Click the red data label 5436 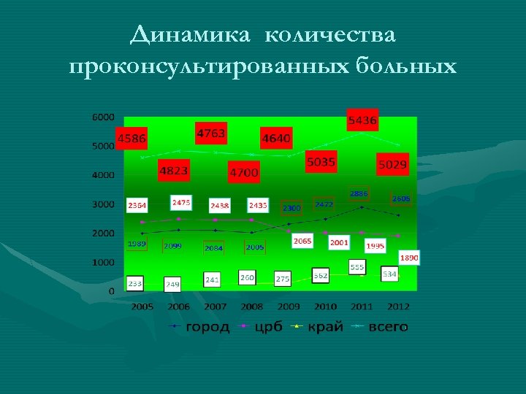[x=362, y=120]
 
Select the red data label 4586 [x=131, y=138]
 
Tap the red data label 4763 [x=210, y=134]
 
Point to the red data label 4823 [x=173, y=171]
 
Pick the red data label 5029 [x=392, y=165]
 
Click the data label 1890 [x=409, y=258]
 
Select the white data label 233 [x=135, y=282]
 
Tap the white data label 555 [x=357, y=268]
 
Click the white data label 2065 [x=302, y=241]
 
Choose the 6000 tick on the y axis [x=103, y=117]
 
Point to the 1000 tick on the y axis [x=103, y=262]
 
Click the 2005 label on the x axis [x=142, y=307]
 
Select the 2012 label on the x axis [x=398, y=307]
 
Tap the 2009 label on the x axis [x=289, y=307]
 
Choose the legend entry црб [x=268, y=327]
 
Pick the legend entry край [x=324, y=327]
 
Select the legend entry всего [x=388, y=327]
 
